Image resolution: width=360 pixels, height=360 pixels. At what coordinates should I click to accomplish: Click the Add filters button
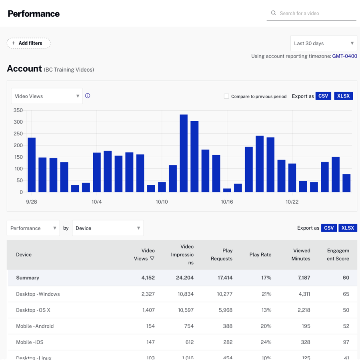[x=28, y=43]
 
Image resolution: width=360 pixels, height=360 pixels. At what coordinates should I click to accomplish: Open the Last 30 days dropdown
[x=323, y=43]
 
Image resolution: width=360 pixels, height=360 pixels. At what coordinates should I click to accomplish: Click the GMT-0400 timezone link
[x=344, y=56]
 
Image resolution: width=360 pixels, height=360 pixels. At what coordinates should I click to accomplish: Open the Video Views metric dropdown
[x=47, y=96]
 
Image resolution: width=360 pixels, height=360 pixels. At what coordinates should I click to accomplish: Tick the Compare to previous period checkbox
[x=226, y=96]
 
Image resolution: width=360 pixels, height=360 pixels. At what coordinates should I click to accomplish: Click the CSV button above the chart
[x=323, y=96]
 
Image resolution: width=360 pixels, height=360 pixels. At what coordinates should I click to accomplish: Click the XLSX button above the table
[x=348, y=228]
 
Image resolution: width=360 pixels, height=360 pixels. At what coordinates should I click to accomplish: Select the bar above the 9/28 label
[x=32, y=165]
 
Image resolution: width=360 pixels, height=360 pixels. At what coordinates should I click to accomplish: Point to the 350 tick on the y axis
[x=18, y=110]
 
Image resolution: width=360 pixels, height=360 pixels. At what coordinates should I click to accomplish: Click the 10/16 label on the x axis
[x=227, y=202]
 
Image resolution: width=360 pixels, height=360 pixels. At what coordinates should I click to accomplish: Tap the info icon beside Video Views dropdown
[x=88, y=96]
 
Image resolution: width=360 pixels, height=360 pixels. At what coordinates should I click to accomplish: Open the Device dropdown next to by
[x=108, y=228]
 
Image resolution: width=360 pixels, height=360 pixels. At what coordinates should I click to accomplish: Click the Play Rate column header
[x=260, y=254]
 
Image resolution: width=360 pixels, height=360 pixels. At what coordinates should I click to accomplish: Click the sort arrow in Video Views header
[x=152, y=259]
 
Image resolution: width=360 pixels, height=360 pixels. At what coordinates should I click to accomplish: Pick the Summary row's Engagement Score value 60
[x=346, y=278]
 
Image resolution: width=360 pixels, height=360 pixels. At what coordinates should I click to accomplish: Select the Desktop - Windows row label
[x=38, y=294]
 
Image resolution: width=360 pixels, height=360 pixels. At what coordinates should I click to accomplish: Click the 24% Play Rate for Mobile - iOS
[x=266, y=342]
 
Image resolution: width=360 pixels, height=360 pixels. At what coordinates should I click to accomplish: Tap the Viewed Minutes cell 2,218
[x=303, y=310]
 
